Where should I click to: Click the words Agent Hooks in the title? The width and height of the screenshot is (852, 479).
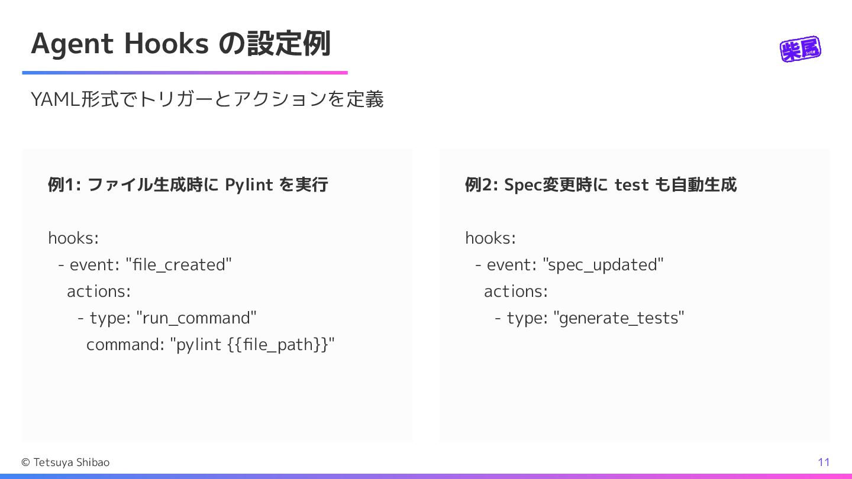coord(119,44)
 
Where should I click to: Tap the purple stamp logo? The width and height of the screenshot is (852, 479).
coord(801,50)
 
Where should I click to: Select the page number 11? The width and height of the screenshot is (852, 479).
coord(824,462)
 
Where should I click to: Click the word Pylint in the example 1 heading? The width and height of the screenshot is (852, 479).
coord(249,185)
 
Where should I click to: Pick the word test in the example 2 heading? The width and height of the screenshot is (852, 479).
coord(631,185)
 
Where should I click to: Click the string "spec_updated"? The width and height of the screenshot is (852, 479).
coord(603,264)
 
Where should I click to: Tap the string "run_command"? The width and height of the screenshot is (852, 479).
coord(196,318)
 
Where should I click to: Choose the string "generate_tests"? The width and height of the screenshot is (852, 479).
coord(619,318)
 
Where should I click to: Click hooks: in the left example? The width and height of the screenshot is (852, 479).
coord(73,238)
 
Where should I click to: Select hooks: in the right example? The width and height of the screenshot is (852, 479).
coord(490,238)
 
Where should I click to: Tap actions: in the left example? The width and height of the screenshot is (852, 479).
coord(99,291)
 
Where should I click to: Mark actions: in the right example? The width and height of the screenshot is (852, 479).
coord(516,291)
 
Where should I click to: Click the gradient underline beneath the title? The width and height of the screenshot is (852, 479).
coord(185,73)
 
